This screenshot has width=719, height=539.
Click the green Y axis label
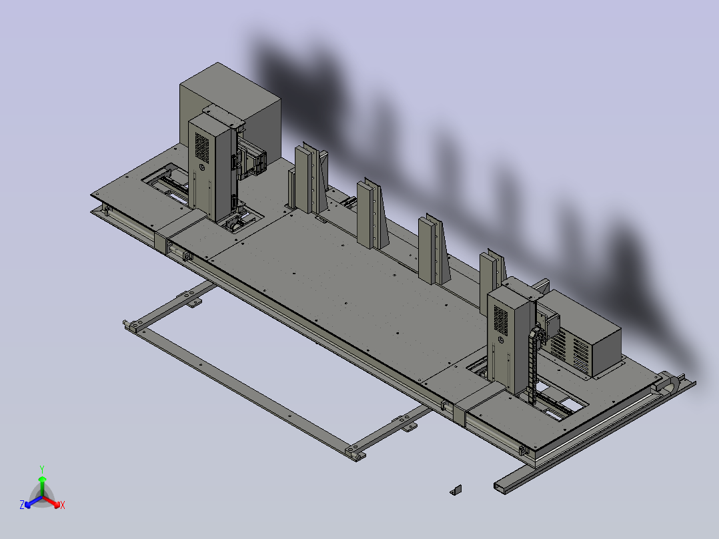pyautogui.click(x=42, y=469)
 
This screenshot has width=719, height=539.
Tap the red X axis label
pyautogui.click(x=63, y=505)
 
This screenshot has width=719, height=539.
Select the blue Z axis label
pyautogui.click(x=22, y=504)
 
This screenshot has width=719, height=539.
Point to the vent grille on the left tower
pyautogui.click(x=201, y=147)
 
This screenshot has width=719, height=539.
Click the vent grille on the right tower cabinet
pyautogui.click(x=501, y=320)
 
